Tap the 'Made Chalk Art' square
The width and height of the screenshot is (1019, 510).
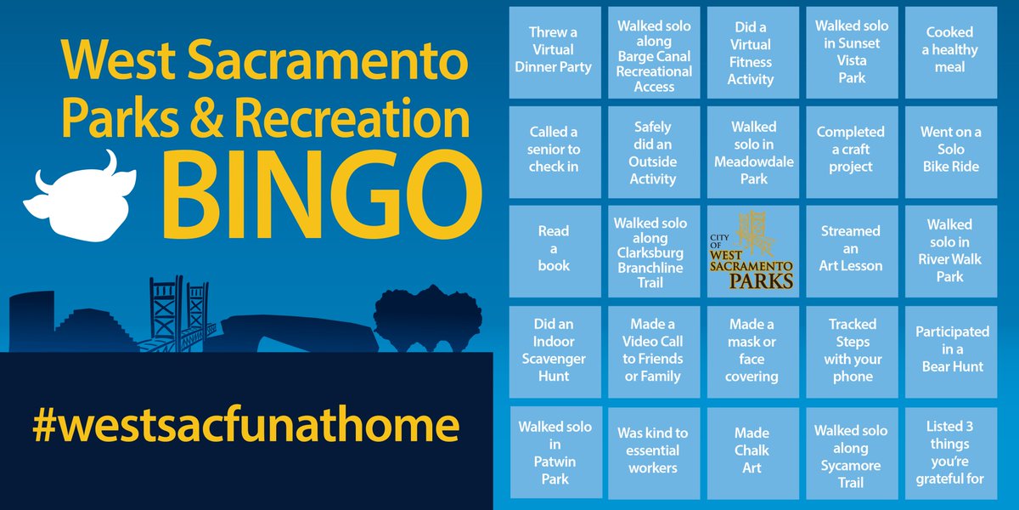click(752, 450)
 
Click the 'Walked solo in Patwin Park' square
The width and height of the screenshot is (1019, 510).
click(554, 450)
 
